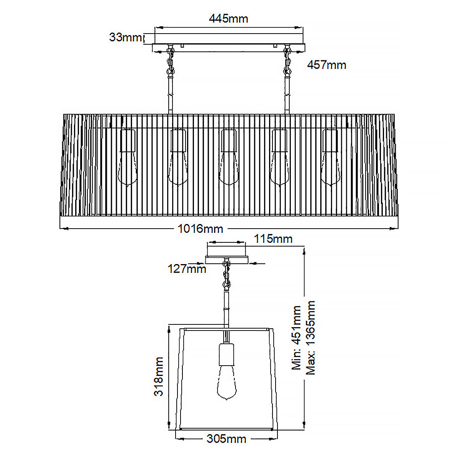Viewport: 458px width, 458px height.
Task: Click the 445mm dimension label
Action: point(228,18)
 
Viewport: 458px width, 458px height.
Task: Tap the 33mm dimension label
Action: point(125,37)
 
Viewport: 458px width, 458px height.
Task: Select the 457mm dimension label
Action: point(327,65)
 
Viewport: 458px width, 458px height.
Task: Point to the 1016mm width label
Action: point(200,229)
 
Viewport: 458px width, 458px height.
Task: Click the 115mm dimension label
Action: point(273,239)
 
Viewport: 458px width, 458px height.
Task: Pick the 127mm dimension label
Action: point(187,269)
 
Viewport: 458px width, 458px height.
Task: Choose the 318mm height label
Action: point(159,376)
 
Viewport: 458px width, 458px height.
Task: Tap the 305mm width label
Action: point(226,439)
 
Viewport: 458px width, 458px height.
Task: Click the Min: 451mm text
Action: point(297,338)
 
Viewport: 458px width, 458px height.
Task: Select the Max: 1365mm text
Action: point(311,338)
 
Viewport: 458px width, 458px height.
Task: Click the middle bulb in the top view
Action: point(228,168)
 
